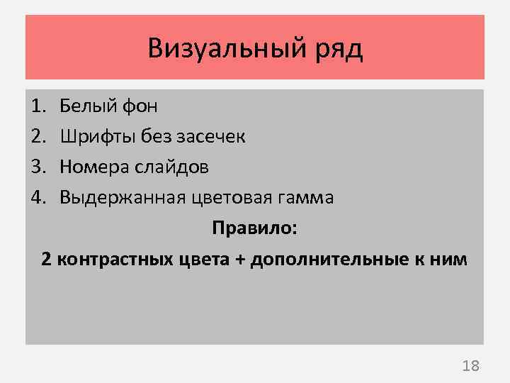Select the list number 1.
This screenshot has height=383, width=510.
pos(37,106)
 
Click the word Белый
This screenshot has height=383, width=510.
pos(85,106)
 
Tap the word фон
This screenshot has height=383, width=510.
pos(138,107)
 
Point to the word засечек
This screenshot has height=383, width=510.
pos(212,136)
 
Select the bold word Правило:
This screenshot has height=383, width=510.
pos(255,228)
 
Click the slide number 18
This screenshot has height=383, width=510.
pos(470,366)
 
